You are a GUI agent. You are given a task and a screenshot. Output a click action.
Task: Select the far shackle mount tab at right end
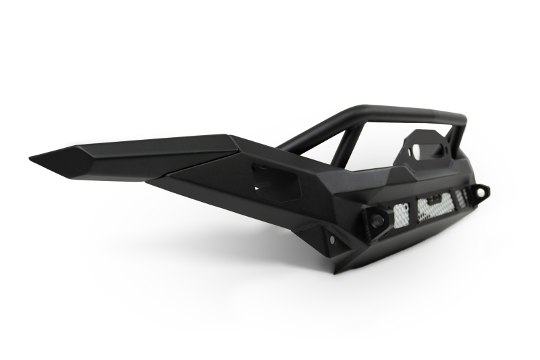pyautogui.click(x=480, y=192)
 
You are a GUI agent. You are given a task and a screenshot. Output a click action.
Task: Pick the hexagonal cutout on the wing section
pyautogui.click(x=277, y=181)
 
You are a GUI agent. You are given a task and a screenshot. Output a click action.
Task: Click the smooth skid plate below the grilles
pyautogui.click(x=405, y=240)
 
